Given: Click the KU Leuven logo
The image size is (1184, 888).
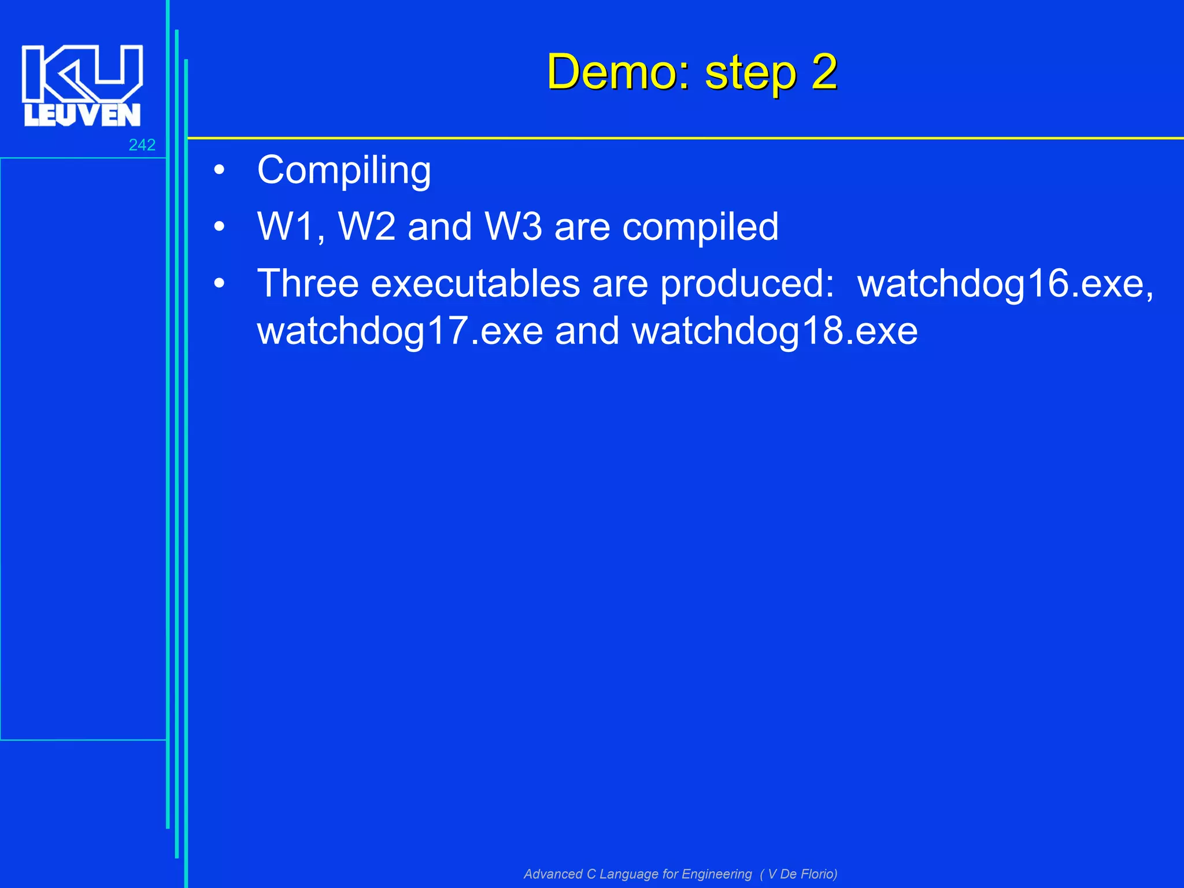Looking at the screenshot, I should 82,86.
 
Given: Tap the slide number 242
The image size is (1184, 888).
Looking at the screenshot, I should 142,145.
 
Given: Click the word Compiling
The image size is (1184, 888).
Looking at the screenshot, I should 344,171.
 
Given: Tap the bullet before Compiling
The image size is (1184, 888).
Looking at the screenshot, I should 219,171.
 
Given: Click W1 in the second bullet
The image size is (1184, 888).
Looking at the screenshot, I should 290,227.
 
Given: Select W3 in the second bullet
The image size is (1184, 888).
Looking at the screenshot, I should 513,227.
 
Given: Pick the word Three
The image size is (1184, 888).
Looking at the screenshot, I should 308,283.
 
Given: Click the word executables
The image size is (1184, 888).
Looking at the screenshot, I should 475,283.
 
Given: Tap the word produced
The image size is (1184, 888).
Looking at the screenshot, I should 746,284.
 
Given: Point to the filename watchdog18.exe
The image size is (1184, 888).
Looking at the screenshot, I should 775,332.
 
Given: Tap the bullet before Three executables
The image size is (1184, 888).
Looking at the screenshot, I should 219,284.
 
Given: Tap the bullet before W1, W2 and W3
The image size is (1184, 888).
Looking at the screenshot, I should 219,227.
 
